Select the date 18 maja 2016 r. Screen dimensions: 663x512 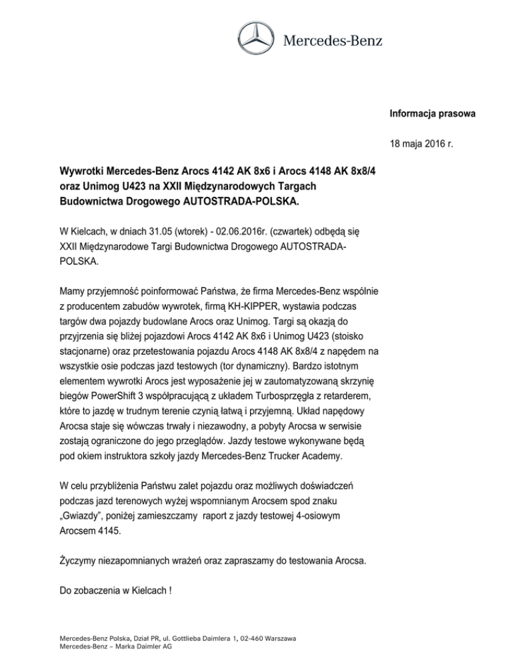pyautogui.click(x=422, y=143)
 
